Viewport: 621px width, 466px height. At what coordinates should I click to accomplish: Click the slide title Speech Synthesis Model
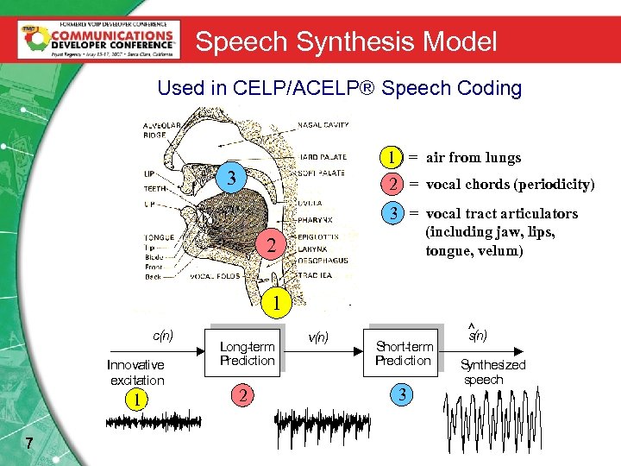(346, 41)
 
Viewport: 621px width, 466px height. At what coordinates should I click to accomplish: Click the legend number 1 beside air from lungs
(392, 157)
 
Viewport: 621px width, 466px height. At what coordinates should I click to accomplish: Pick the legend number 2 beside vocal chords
(392, 184)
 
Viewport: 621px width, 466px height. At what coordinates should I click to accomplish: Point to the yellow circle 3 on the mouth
(231, 179)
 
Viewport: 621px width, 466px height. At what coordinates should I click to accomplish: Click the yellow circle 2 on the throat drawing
(271, 245)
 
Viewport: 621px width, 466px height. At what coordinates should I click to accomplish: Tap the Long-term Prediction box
(247, 353)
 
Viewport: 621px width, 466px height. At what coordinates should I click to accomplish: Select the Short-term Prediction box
(404, 353)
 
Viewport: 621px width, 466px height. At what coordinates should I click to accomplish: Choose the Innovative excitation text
(136, 373)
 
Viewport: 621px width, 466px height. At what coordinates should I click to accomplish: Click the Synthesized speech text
(492, 372)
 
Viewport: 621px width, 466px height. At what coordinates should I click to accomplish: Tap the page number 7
(29, 444)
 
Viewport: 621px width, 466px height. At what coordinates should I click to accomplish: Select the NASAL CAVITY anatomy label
(323, 125)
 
